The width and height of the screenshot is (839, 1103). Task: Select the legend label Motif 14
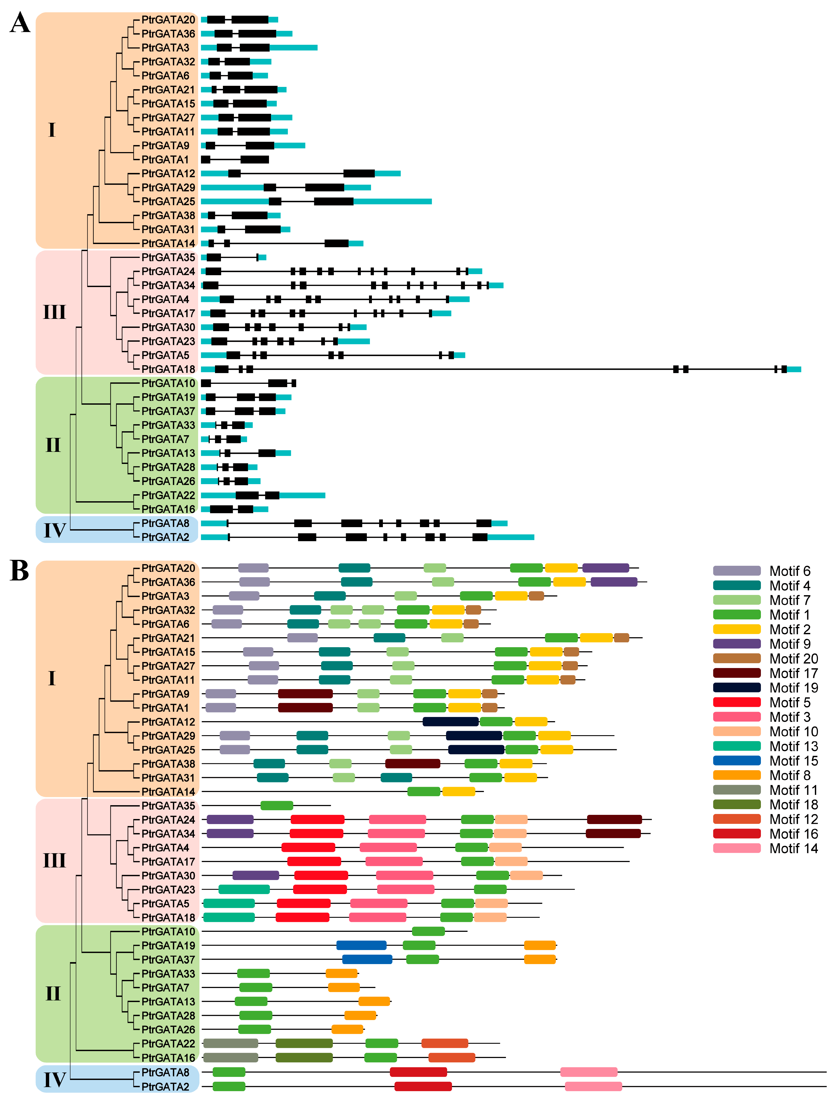pos(794,848)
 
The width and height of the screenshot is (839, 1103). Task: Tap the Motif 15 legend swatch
pos(737,761)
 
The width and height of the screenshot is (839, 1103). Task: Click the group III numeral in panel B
pos(54,860)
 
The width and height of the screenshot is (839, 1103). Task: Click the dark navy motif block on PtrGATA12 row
pos(450,721)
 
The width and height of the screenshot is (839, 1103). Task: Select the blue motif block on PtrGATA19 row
pos(361,945)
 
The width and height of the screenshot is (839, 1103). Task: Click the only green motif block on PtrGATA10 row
pos(428,931)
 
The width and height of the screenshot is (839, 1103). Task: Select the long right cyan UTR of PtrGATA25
pos(393,201)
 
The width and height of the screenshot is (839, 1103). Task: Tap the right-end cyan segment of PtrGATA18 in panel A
pos(794,369)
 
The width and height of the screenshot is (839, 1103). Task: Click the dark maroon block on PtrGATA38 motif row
pos(412,763)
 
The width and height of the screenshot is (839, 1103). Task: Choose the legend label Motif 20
pos(794,658)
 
